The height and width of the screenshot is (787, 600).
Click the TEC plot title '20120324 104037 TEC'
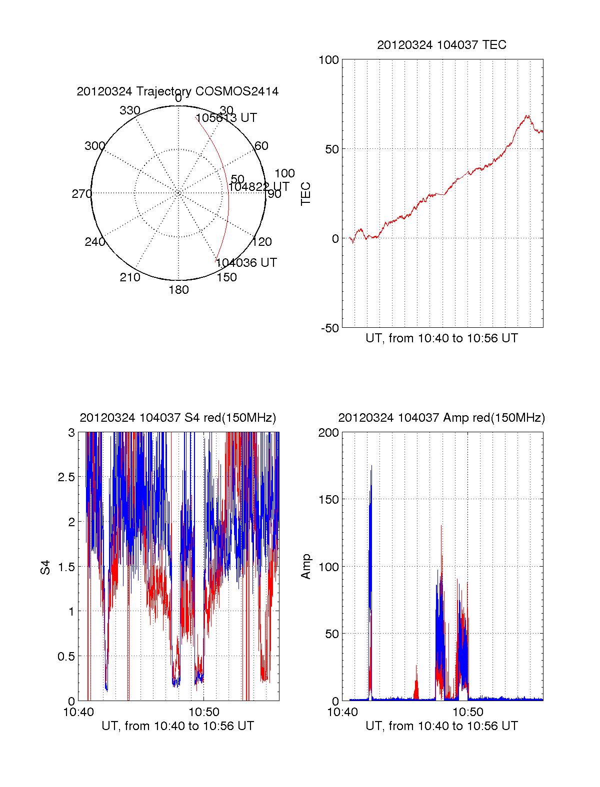point(441,45)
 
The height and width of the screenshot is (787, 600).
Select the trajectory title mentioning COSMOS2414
point(177,91)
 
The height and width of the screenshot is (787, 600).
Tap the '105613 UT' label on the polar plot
point(226,118)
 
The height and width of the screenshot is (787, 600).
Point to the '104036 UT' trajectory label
point(246,263)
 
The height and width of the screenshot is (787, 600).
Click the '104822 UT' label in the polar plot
point(258,187)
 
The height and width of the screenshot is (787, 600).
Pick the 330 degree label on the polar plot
point(130,110)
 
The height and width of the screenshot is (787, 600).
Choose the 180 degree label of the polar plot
point(178,290)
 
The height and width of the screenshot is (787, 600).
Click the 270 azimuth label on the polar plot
point(81,194)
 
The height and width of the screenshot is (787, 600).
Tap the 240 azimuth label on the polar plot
point(94,242)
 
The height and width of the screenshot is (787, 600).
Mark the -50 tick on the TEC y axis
point(330,328)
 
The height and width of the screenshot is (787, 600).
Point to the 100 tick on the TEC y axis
point(328,60)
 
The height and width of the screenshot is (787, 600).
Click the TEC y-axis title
point(305,194)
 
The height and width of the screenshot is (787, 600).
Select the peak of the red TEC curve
point(527,115)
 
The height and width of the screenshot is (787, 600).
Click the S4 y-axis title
point(45,567)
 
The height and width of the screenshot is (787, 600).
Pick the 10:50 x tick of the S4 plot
point(203,712)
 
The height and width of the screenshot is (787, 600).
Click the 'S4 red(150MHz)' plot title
point(177,418)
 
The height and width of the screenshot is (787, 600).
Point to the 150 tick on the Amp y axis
point(328,500)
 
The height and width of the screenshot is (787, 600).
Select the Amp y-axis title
point(305,566)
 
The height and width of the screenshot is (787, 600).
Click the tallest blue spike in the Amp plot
point(371,466)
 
